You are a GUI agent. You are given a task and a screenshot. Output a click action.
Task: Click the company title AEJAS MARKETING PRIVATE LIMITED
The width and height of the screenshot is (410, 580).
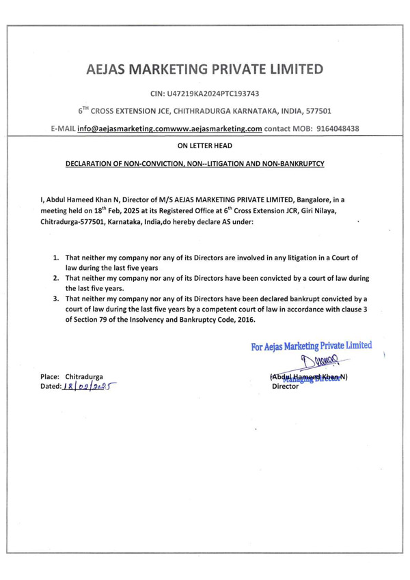click(204, 69)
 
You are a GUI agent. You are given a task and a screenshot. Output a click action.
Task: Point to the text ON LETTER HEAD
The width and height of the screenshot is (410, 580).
click(204, 146)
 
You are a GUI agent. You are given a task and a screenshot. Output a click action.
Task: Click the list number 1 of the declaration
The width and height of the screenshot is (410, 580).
click(55, 259)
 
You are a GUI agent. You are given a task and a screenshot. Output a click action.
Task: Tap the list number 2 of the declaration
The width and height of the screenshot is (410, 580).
click(55, 279)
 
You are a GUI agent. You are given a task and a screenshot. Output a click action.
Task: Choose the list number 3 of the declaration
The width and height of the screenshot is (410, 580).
click(55, 299)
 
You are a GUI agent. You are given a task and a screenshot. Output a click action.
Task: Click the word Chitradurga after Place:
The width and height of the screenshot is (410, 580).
click(84, 376)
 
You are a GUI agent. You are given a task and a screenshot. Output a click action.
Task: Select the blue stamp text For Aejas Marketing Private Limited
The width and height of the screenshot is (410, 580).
click(311, 346)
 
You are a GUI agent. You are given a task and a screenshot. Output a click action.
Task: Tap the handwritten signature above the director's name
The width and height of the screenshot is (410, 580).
click(307, 363)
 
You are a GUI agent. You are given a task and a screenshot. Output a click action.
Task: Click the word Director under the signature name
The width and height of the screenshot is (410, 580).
click(285, 386)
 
